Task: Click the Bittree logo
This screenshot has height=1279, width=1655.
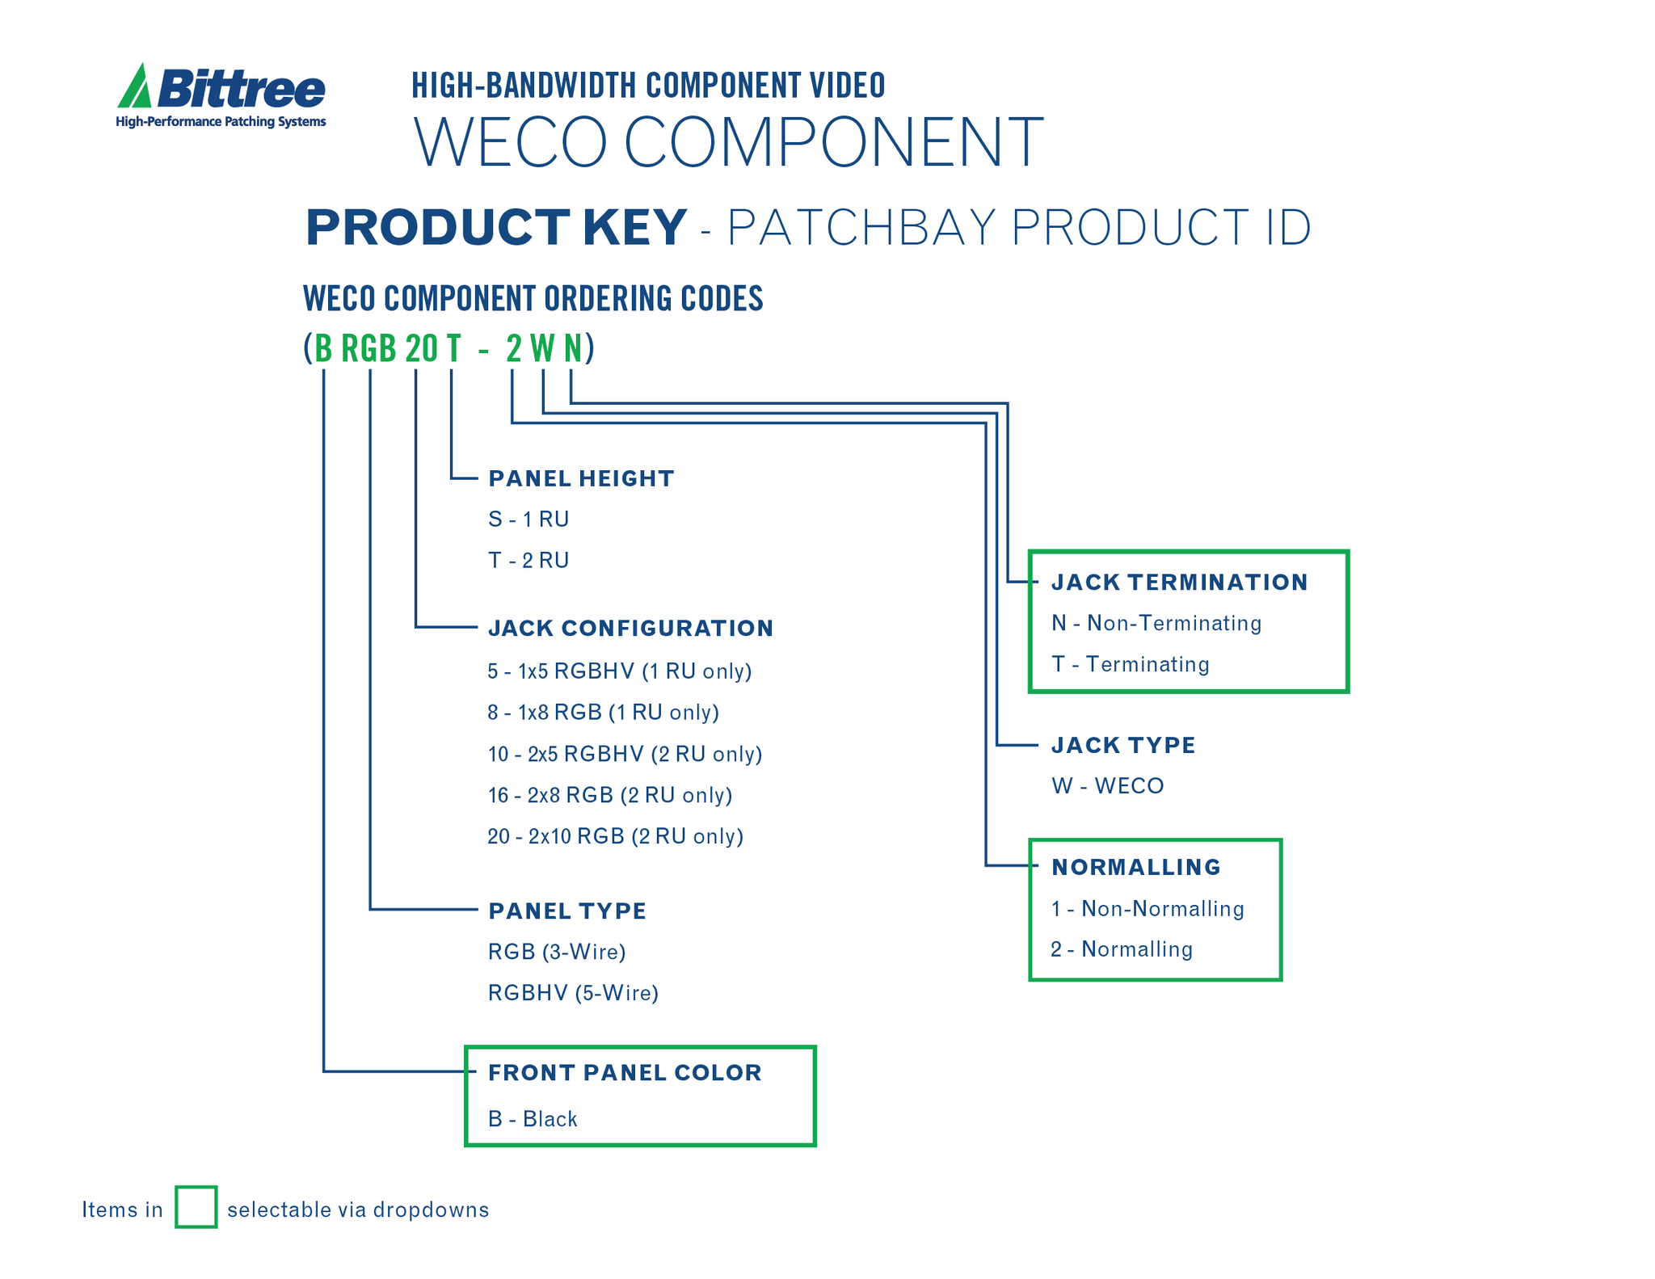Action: click(221, 96)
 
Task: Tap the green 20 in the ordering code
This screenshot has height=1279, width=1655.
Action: click(421, 349)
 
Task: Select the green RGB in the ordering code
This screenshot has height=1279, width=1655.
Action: click(368, 349)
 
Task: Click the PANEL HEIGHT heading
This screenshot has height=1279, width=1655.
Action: click(581, 478)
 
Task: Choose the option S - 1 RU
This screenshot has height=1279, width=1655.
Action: click(529, 519)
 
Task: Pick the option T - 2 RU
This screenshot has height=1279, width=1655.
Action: click(529, 560)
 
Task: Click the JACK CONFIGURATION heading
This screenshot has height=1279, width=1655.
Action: click(630, 628)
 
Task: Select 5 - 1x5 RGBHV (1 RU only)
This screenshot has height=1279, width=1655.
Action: click(620, 671)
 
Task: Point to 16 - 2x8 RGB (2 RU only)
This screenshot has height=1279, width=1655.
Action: click(610, 795)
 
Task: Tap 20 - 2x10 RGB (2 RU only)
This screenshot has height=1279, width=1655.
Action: click(615, 835)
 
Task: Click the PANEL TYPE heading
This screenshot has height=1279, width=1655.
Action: click(567, 911)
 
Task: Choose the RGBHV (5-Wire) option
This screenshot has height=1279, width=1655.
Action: click(573, 992)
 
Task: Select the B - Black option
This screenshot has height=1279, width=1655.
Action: click(533, 1118)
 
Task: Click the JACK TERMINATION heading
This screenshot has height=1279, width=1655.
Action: click(1179, 582)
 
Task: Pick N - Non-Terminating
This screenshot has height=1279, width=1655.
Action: click(1156, 623)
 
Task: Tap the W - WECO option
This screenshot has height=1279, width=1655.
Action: click(1107, 785)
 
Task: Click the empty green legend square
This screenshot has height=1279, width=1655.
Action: click(196, 1207)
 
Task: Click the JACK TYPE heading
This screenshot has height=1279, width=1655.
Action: click(1123, 745)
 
